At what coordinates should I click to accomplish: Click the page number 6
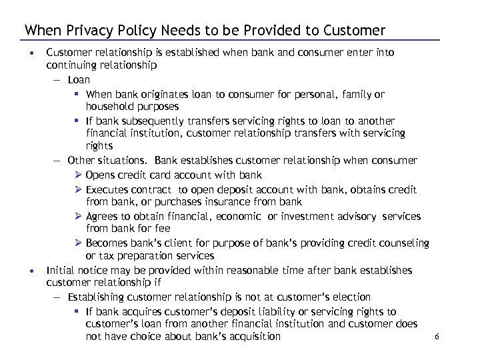click(x=437, y=337)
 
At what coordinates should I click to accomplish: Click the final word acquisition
click(x=249, y=337)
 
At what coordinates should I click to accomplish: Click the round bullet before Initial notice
click(x=32, y=271)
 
